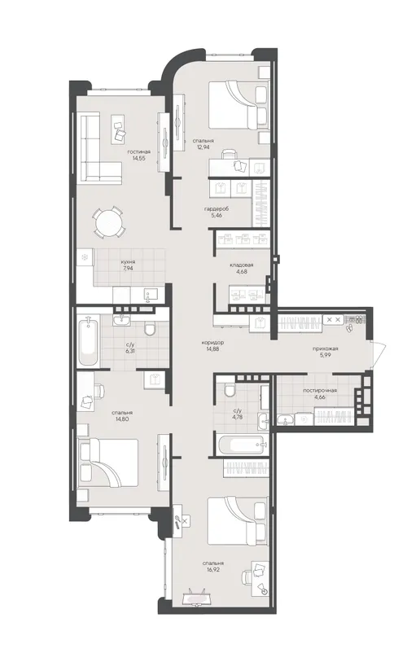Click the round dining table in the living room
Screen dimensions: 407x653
pyautogui.click(x=107, y=223)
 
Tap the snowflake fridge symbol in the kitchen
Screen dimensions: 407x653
pyautogui.click(x=85, y=257)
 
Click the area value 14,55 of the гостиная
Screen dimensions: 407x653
pyautogui.click(x=138, y=158)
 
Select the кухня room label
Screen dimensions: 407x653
pyautogui.click(x=129, y=262)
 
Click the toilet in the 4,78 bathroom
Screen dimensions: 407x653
pyautogui.click(x=230, y=390)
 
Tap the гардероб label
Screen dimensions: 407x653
pyautogui.click(x=217, y=209)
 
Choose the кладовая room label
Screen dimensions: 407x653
pyautogui.click(x=242, y=265)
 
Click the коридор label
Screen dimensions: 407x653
pyautogui.click(x=212, y=343)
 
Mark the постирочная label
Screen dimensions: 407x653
pyautogui.click(x=320, y=391)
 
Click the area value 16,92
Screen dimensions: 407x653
pyautogui.click(x=212, y=570)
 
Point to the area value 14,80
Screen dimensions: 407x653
pyautogui.click(x=122, y=419)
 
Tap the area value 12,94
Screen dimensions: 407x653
pyautogui.click(x=203, y=147)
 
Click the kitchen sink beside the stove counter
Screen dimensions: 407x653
pyautogui.click(x=151, y=294)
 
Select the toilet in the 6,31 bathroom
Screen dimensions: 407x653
pyautogui.click(x=150, y=329)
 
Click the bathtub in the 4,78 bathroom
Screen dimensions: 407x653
pyautogui.click(x=243, y=445)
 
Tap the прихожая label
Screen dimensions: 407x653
pyautogui.click(x=326, y=349)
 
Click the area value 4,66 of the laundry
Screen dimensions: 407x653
pyautogui.click(x=320, y=397)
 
